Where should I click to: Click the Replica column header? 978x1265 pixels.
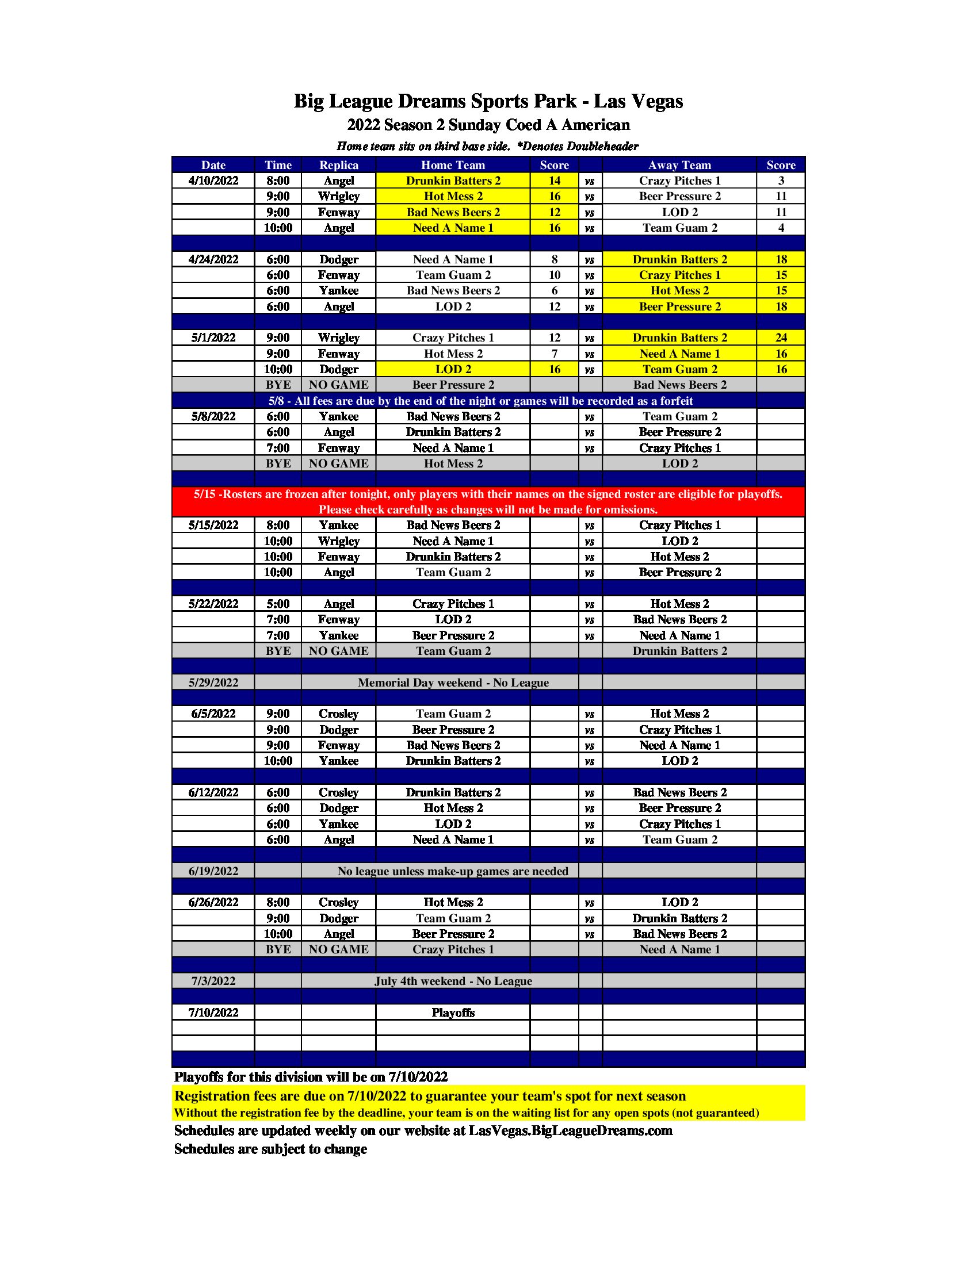[x=338, y=165]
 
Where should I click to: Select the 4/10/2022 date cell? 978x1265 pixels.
[x=213, y=181]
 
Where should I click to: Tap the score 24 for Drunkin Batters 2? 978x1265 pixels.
[x=781, y=338]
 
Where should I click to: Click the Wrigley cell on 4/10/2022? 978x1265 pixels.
[x=338, y=196]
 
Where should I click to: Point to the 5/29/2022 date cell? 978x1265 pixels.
[x=213, y=683]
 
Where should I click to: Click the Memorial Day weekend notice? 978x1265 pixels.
[x=453, y=683]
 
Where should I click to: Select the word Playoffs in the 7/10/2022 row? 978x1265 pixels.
[x=453, y=1013]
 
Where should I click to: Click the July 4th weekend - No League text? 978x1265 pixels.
[x=453, y=981]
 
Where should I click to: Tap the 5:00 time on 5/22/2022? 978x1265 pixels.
[x=277, y=604]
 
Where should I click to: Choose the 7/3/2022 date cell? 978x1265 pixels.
[x=213, y=981]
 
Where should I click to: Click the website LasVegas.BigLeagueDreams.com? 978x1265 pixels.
[x=570, y=1130]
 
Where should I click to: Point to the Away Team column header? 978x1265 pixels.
[x=679, y=165]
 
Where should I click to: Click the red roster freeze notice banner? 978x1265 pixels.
[x=488, y=501]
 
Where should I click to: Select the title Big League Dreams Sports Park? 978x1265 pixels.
[x=488, y=101]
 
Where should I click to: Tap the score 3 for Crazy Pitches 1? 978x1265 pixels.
[x=781, y=181]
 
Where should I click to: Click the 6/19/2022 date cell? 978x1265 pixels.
[x=213, y=871]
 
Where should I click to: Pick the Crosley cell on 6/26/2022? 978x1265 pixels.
[x=338, y=902]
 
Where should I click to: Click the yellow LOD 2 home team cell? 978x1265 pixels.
[x=453, y=370]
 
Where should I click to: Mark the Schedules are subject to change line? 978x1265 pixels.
[x=270, y=1149]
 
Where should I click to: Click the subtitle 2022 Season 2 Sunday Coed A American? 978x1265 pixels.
[x=488, y=125]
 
